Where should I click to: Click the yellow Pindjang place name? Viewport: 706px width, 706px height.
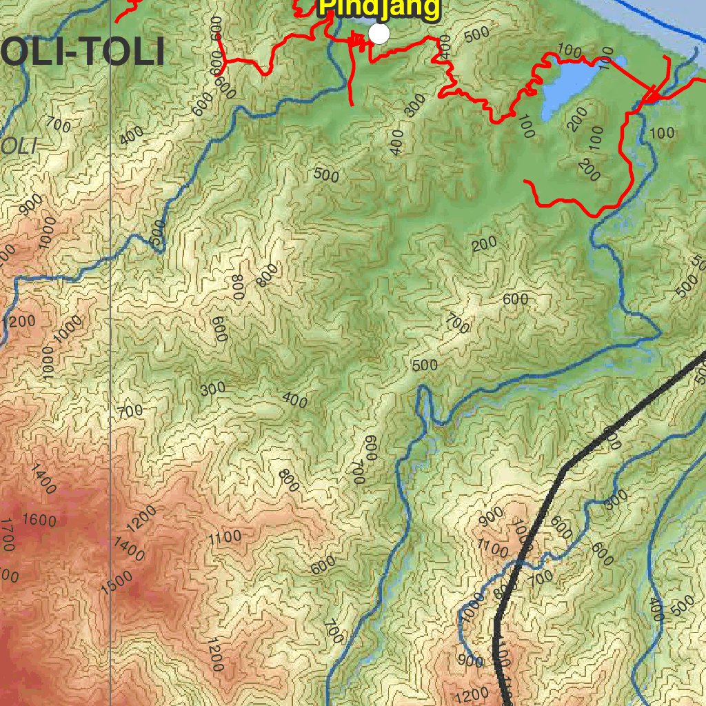(379, 8)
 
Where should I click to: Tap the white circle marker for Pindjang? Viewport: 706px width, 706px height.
(379, 33)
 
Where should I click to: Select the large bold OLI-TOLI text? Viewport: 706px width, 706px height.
(83, 53)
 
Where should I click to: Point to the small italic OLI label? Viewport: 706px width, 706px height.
(19, 145)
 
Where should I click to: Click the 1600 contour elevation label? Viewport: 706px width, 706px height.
(39, 520)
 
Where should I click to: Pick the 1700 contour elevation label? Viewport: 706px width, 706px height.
(7, 535)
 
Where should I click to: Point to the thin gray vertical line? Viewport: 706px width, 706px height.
(111, 345)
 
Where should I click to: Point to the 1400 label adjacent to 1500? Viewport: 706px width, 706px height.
(129, 549)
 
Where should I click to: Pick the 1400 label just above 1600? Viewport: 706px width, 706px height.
(43, 480)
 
